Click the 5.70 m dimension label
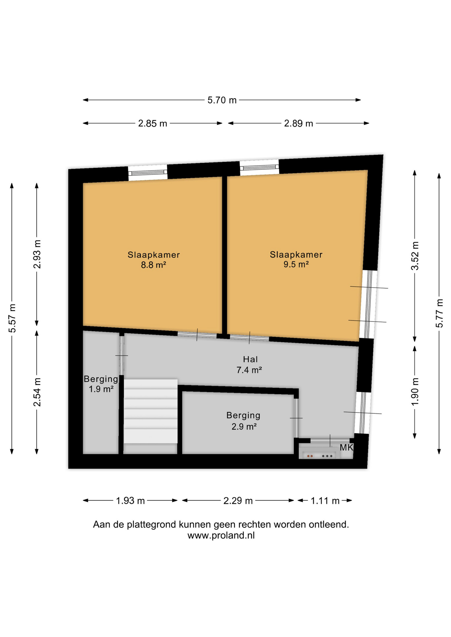[x=222, y=100]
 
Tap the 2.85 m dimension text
[x=152, y=124]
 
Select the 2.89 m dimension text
[x=298, y=124]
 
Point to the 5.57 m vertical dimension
[x=12, y=318]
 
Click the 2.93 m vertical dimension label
[x=37, y=254]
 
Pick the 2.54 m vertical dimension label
[x=37, y=392]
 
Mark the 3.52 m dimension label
[x=415, y=256]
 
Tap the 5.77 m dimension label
[x=439, y=314]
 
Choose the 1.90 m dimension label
[x=415, y=391]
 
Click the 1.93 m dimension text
[x=130, y=501]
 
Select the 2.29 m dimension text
[x=238, y=501]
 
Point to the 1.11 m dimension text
[x=325, y=501]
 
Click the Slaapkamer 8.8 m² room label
[x=154, y=260]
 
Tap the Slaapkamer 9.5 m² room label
[x=296, y=259]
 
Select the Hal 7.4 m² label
[x=249, y=364]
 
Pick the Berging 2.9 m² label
[x=243, y=421]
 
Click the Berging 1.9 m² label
[x=101, y=384]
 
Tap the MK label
[x=346, y=448]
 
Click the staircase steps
[x=150, y=411]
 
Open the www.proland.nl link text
[x=221, y=535]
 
